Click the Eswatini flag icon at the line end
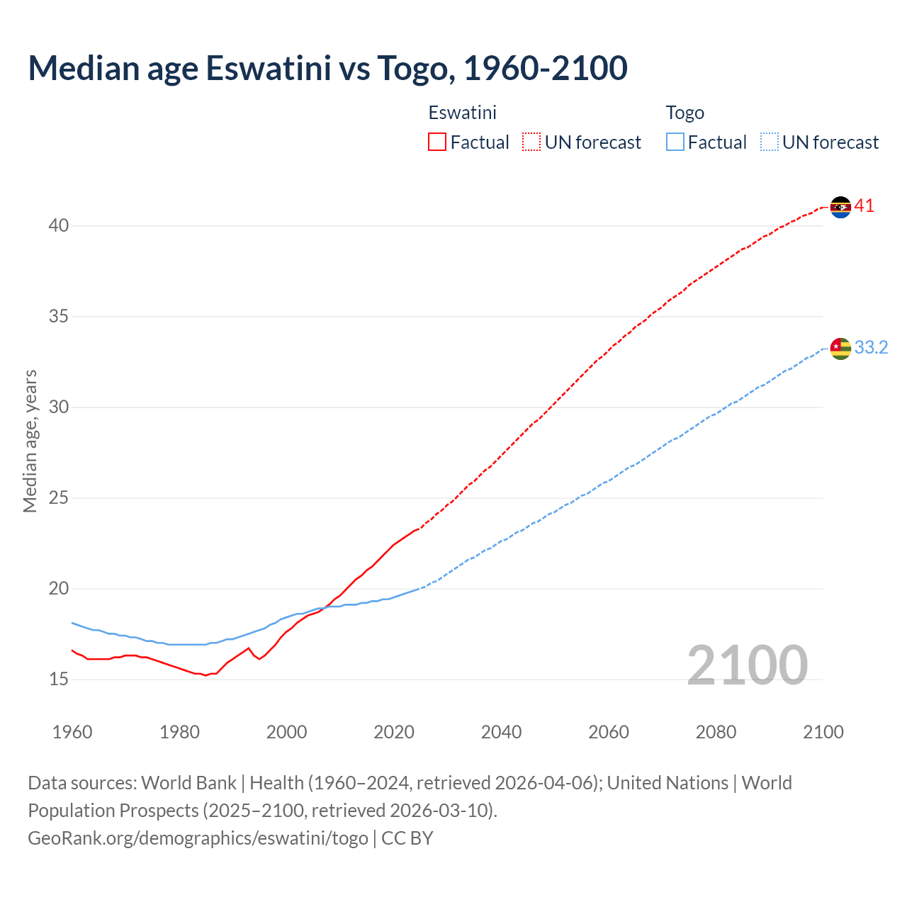coord(840,207)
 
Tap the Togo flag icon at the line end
coord(840,349)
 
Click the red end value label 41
coord(864,206)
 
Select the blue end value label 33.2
coord(871,348)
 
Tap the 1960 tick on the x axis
coord(72,732)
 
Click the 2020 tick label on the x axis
coord(394,732)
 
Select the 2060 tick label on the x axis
coord(609,732)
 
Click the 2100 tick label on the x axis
coord(823,732)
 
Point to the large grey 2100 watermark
coord(747,665)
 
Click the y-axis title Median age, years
coord(30,441)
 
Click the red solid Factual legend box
coord(437,142)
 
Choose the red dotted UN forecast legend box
coord(531,142)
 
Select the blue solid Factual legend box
coord(675,142)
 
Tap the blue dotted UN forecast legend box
coord(769,142)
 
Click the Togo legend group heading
coord(685,113)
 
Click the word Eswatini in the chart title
coord(269,68)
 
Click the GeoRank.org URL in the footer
coord(198,838)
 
